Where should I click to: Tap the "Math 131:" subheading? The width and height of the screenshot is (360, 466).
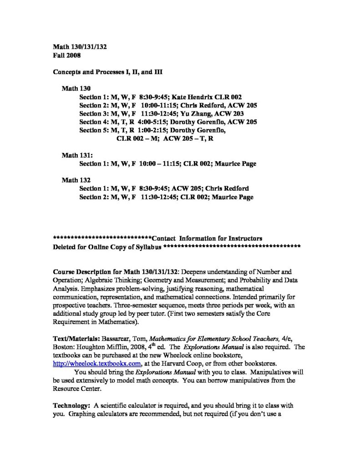74,155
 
